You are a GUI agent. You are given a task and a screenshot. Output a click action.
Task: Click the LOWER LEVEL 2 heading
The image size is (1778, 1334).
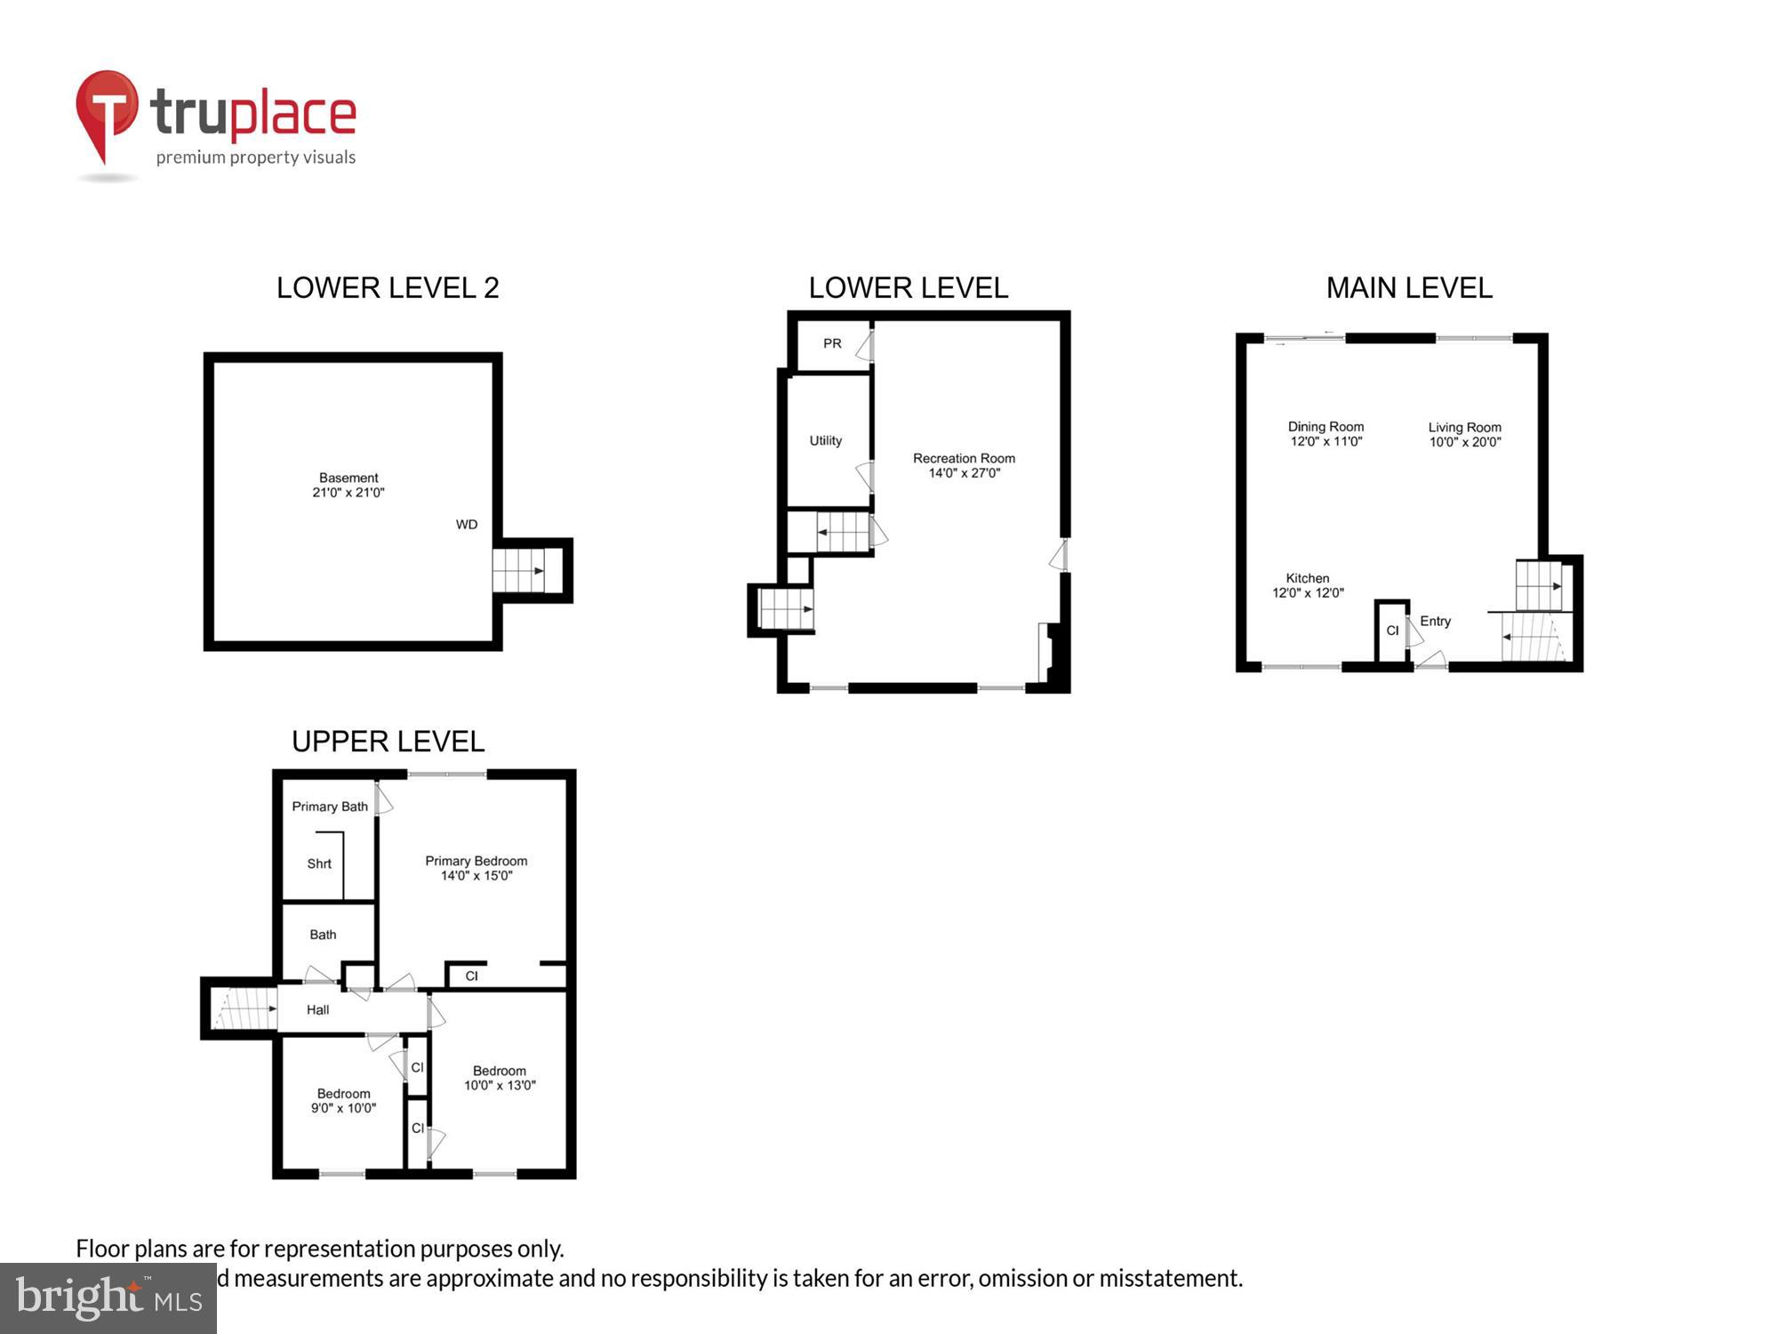388,288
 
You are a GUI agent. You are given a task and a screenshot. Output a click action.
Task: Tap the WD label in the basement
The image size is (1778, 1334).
467,525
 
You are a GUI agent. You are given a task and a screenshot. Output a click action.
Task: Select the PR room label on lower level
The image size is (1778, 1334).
832,343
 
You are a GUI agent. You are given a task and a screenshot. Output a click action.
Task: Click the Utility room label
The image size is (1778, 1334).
825,440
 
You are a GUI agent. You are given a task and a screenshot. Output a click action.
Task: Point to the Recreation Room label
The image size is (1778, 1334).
964,465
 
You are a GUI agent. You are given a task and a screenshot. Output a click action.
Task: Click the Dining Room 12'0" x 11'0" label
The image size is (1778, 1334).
1325,434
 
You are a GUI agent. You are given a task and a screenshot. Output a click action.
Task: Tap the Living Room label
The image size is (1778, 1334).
1464,434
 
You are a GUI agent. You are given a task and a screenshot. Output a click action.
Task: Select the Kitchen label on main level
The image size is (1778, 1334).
1307,585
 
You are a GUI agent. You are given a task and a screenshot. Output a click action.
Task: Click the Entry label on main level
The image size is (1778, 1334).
1435,621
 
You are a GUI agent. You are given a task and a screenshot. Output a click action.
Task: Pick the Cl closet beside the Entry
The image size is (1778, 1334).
1392,631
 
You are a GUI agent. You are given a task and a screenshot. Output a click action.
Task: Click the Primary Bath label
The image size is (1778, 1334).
330,807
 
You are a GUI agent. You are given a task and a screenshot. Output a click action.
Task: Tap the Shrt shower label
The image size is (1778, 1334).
319,864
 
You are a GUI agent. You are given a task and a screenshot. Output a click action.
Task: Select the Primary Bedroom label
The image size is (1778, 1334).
476,868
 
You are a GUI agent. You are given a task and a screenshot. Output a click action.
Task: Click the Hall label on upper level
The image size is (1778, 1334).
317,1009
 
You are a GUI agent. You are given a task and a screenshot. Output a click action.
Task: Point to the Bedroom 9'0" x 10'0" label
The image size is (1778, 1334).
343,1101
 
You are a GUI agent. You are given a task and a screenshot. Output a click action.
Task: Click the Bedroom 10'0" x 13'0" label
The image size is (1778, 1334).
500,1078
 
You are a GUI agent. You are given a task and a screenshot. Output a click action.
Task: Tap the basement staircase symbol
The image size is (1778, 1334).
519,571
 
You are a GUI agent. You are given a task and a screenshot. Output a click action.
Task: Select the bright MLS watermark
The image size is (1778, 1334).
108,1298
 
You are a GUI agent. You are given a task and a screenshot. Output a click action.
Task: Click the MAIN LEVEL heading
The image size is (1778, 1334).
1409,288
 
